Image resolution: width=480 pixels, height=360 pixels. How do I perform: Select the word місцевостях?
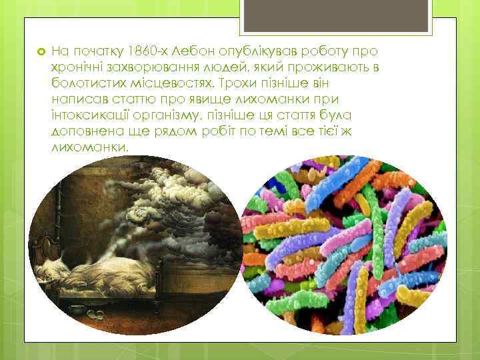pyautogui.click(x=170, y=83)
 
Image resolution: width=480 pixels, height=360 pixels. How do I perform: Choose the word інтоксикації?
pyautogui.click(x=87, y=115)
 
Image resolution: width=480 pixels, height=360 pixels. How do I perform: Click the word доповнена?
pyautogui.click(x=83, y=131)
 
